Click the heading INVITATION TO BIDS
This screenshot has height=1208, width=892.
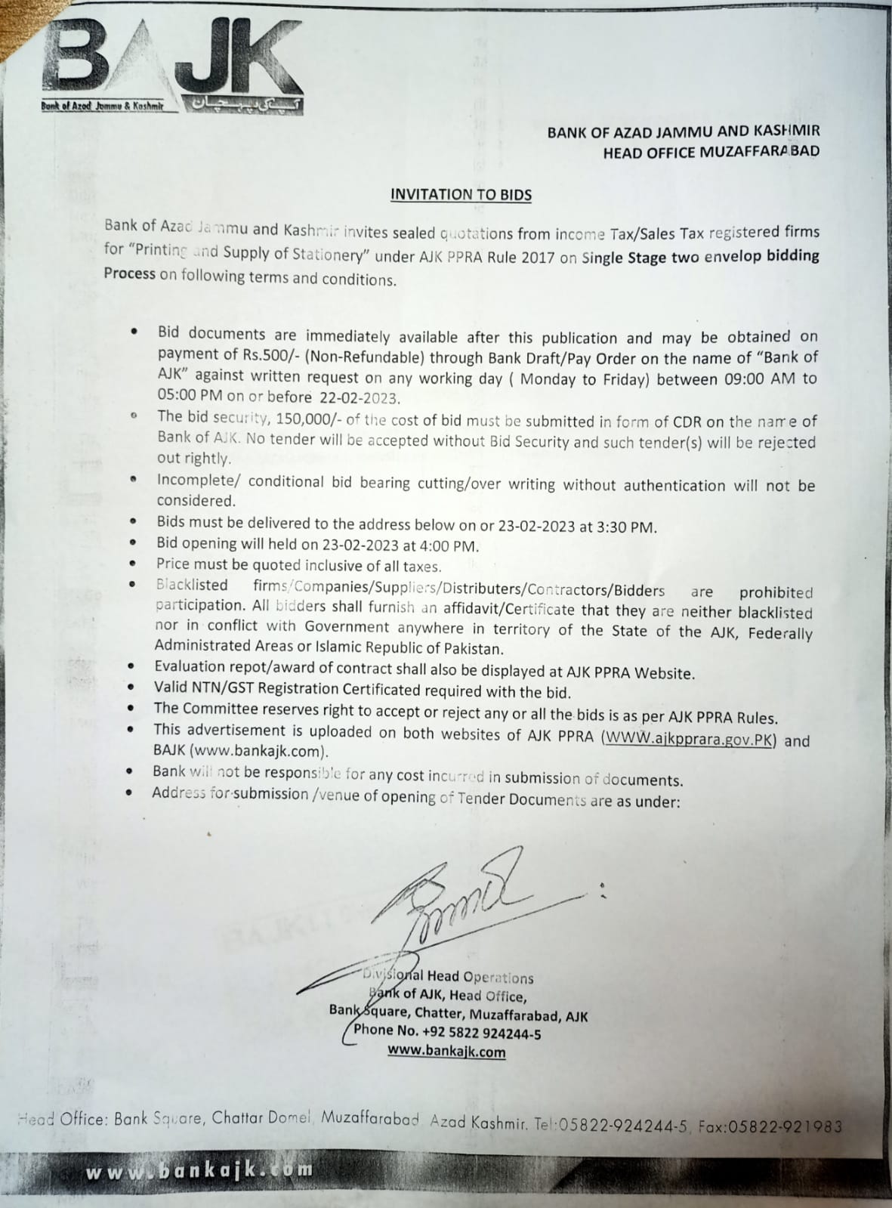click(461, 194)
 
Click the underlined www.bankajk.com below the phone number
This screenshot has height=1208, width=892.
click(446, 1051)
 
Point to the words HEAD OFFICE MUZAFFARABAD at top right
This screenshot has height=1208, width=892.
click(711, 152)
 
